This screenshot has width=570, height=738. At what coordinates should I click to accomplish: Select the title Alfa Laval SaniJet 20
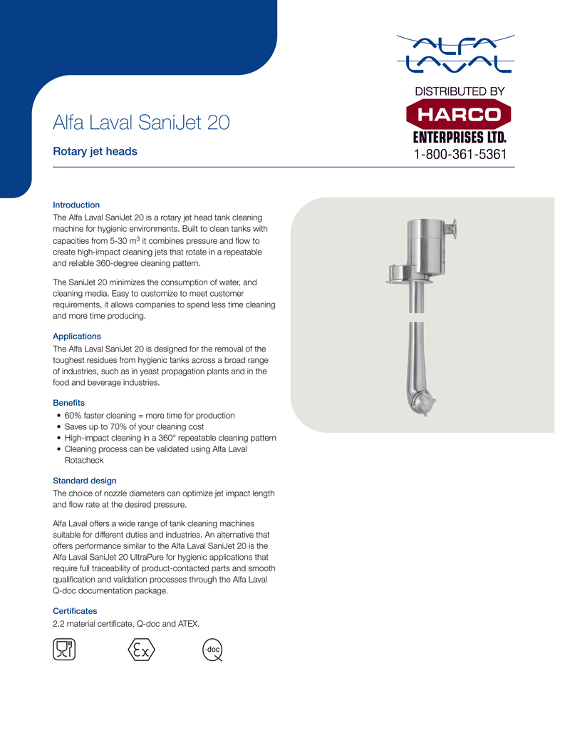tap(141, 122)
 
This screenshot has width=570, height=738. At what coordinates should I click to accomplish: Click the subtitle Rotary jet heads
tap(95, 151)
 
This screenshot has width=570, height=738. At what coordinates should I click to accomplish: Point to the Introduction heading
tap(76, 205)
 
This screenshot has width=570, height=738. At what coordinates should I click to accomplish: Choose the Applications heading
tap(77, 336)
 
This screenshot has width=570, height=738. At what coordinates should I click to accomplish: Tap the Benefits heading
tap(69, 403)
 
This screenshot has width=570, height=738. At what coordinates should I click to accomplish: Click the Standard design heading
tap(85, 481)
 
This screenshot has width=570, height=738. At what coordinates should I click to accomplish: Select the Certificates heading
tap(75, 611)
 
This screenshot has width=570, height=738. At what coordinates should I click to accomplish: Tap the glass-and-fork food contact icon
tap(65, 650)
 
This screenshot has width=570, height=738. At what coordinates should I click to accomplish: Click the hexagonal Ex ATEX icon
tap(141, 650)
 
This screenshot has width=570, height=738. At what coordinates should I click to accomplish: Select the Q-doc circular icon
tap(212, 650)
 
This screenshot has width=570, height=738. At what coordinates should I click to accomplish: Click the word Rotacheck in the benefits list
tap(85, 461)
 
